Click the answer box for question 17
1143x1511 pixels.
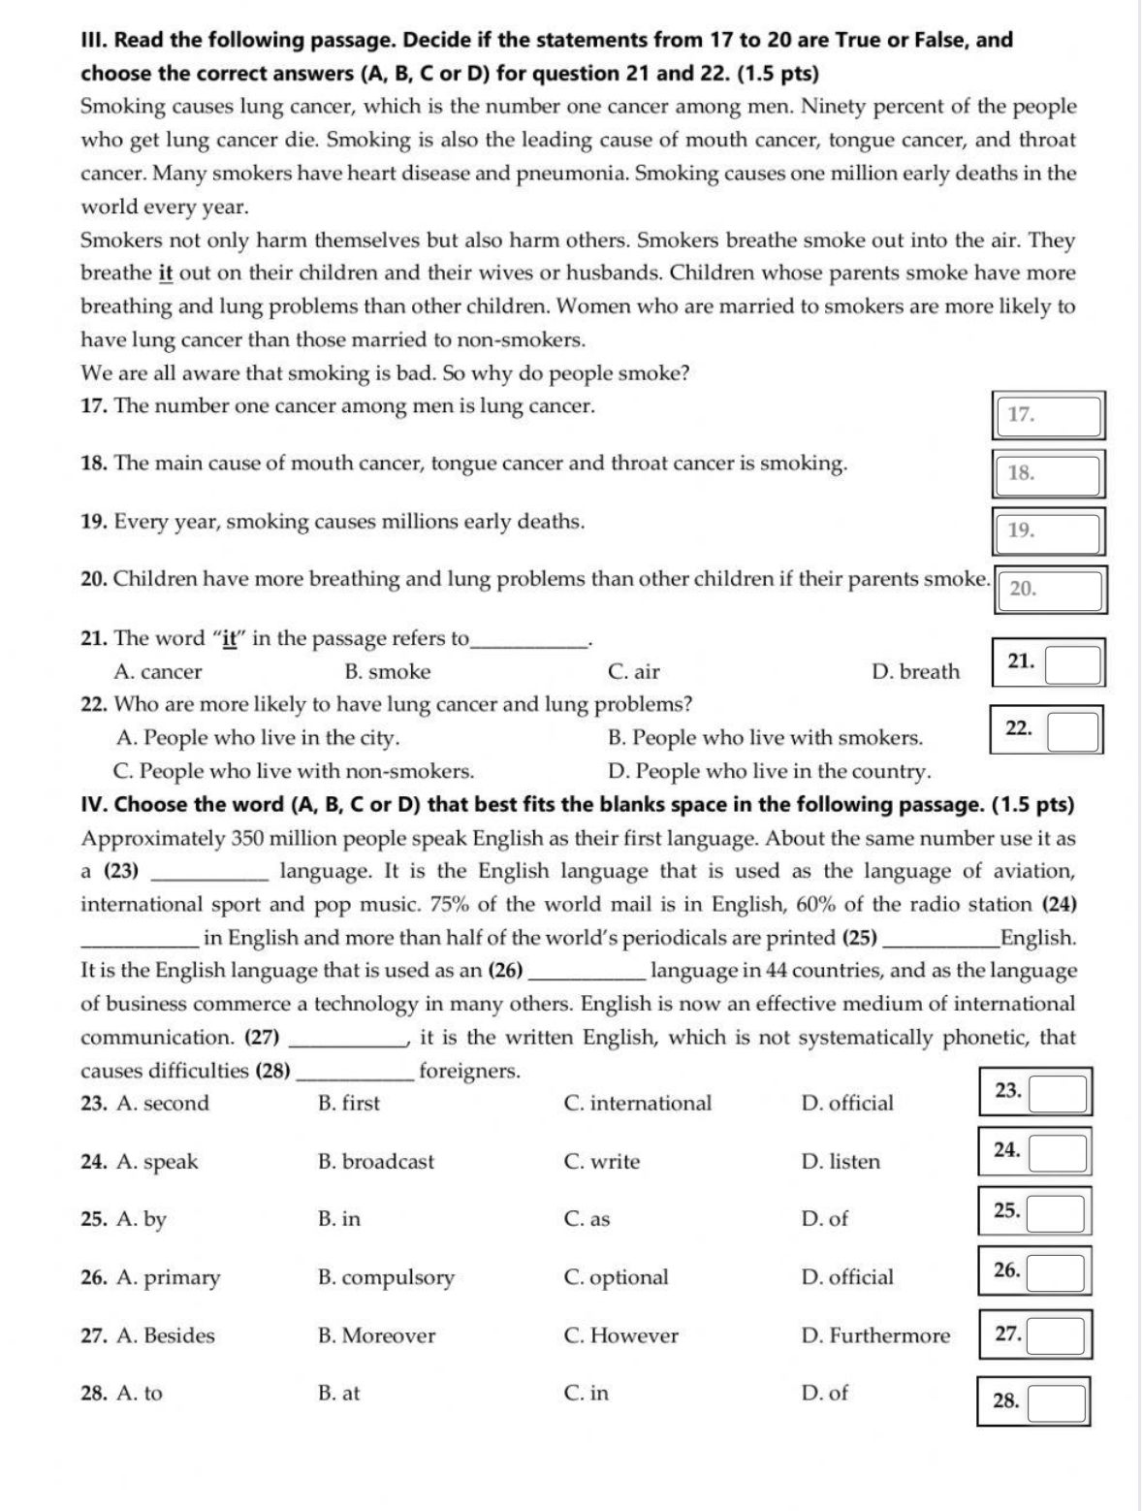[1048, 415]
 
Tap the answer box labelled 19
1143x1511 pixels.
[1048, 531]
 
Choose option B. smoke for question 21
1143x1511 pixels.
[387, 672]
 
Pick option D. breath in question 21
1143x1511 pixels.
[915, 672]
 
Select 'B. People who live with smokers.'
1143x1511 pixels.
[765, 738]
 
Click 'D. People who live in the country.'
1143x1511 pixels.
[769, 772]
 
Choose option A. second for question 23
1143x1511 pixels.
[162, 1104]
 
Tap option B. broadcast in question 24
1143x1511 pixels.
[376, 1162]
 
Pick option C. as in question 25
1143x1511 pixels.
[587, 1219]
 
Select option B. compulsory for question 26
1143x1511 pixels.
[386, 1277]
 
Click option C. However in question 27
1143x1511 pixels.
[620, 1335]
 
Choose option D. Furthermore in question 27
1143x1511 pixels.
[875, 1335]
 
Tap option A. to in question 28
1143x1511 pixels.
[140, 1394]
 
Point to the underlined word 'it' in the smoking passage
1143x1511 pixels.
[165, 273]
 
